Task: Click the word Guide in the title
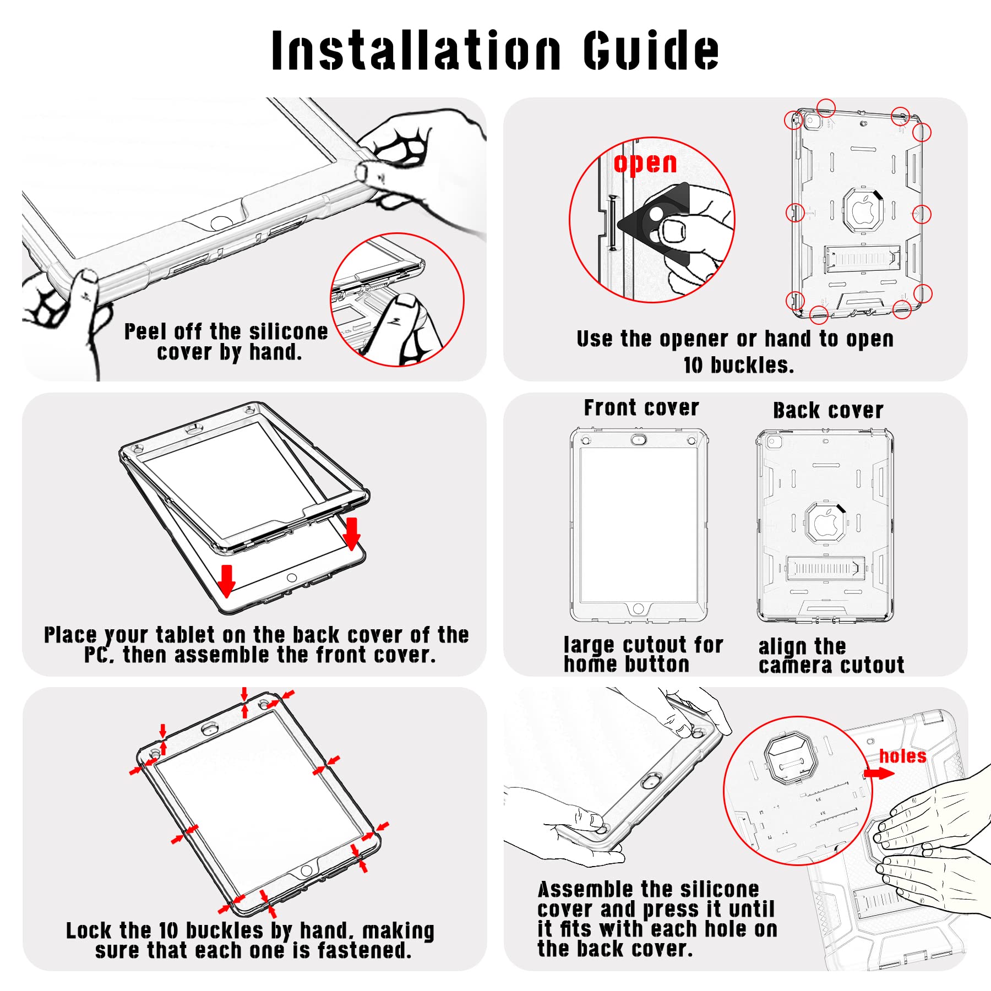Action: click(651, 50)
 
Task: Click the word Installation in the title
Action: click(416, 50)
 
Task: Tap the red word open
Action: click(645, 164)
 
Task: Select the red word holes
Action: click(902, 756)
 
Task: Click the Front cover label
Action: click(641, 408)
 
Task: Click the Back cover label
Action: click(828, 410)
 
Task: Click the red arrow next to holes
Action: click(879, 773)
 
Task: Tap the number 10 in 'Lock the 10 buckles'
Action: click(168, 930)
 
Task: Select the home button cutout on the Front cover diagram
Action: click(638, 608)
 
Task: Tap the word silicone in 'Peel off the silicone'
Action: click(288, 332)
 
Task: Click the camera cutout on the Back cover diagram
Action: click(774, 442)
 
